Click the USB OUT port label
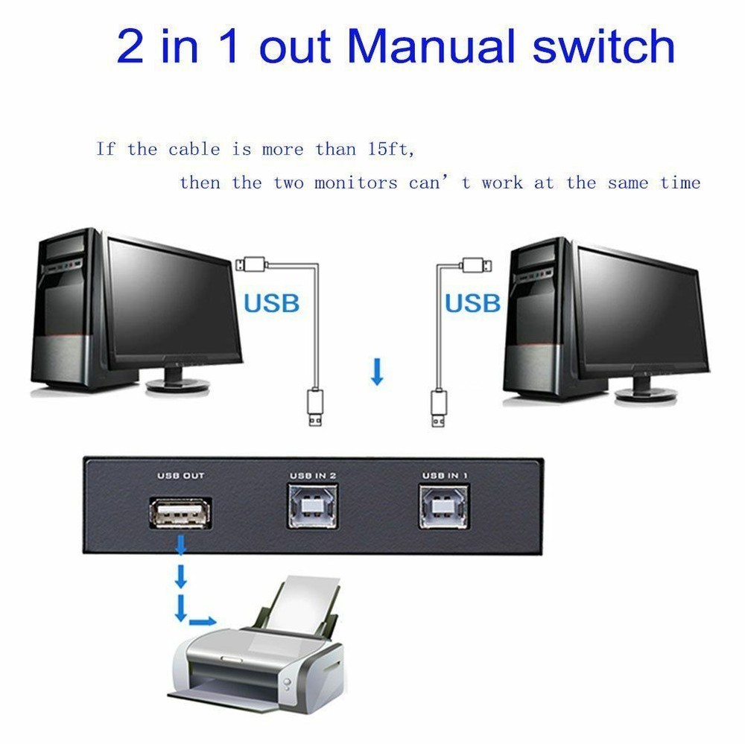coord(180,475)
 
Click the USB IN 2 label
coord(313,475)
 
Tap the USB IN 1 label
coord(445,475)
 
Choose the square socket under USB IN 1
coord(445,506)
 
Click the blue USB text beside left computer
coord(271,303)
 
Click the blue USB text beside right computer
coord(472,303)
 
